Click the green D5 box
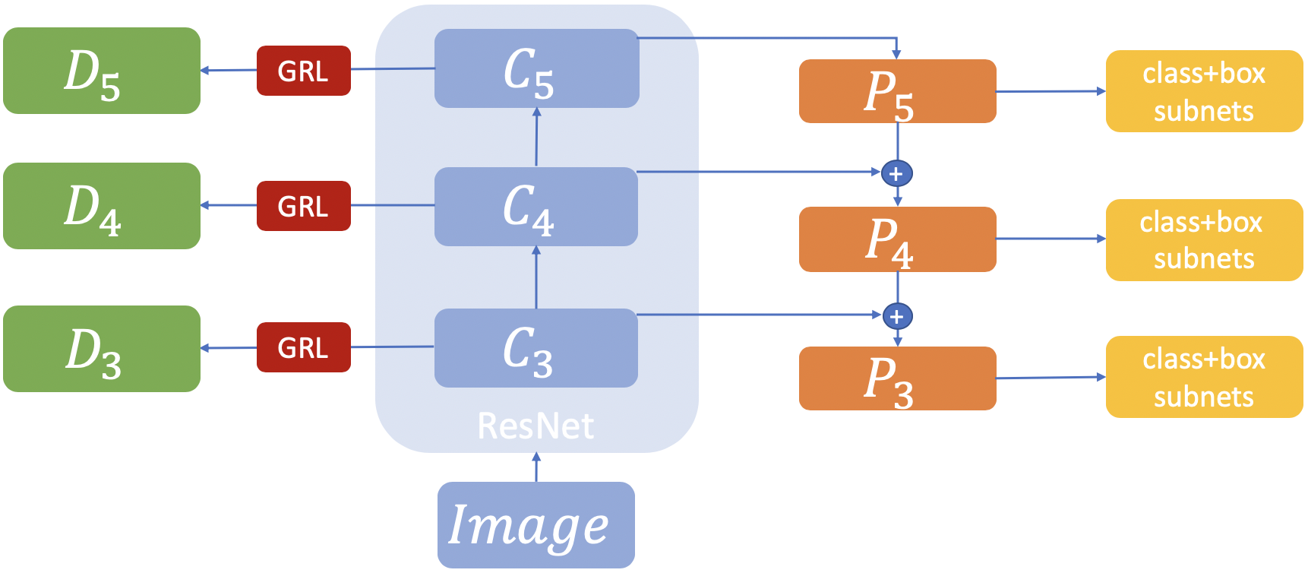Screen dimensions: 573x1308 click(102, 71)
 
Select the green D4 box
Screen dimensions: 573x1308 click(102, 206)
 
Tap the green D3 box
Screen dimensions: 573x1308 click(102, 349)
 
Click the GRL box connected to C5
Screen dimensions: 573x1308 click(304, 71)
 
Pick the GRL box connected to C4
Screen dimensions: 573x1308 click(304, 206)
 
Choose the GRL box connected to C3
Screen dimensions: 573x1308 click(304, 347)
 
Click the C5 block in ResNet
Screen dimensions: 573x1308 click(536, 68)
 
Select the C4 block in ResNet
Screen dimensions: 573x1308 click(536, 207)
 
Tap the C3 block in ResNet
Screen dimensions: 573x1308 click(536, 348)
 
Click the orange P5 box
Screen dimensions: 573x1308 click(897, 91)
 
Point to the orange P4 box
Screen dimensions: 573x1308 click(897, 239)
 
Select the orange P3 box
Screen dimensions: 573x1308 click(897, 378)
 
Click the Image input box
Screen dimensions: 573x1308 click(536, 525)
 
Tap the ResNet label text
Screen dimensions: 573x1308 click(536, 426)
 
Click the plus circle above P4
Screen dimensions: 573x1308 click(897, 174)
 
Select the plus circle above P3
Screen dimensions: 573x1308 click(897, 316)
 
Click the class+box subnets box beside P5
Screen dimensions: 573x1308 click(1204, 91)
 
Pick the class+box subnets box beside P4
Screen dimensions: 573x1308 click(1204, 240)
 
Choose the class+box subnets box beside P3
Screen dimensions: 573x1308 click(1204, 377)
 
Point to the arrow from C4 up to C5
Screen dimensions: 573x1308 click(536, 138)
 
